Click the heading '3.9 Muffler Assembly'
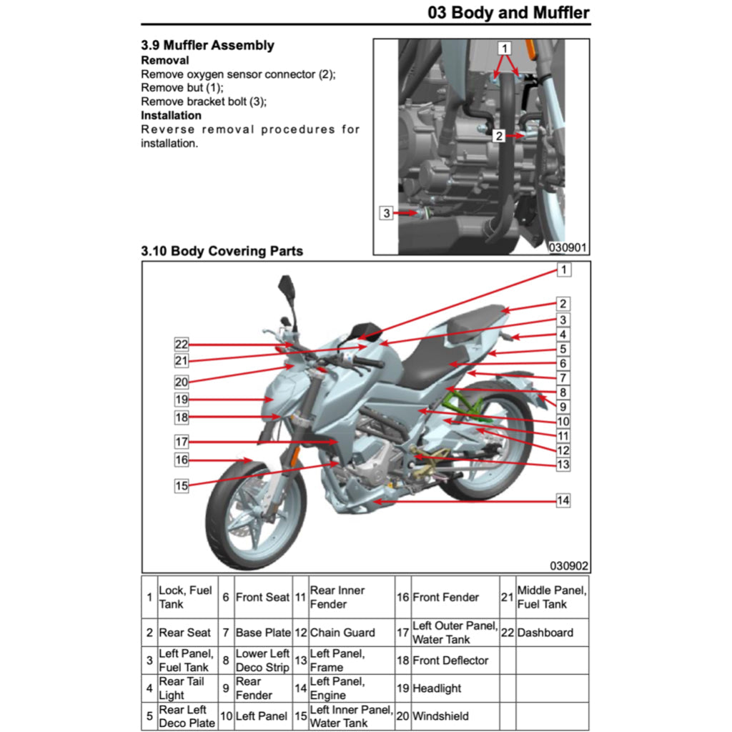click(x=207, y=45)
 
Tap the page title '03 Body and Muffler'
click(x=508, y=12)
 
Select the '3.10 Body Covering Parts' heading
click(x=222, y=251)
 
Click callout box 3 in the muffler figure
click(x=386, y=212)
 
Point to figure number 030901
click(x=568, y=247)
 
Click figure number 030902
click(x=569, y=565)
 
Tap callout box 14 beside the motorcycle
click(x=563, y=500)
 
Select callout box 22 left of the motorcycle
click(x=182, y=344)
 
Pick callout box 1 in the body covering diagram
click(x=563, y=269)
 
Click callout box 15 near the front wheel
click(x=182, y=485)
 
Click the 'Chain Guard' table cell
click(x=342, y=633)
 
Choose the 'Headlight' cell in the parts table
click(x=437, y=688)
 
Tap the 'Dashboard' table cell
click(x=545, y=633)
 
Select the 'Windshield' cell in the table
click(x=440, y=716)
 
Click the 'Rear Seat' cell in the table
click(x=184, y=633)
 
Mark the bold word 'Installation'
click(x=171, y=115)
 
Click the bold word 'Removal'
click(x=165, y=60)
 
